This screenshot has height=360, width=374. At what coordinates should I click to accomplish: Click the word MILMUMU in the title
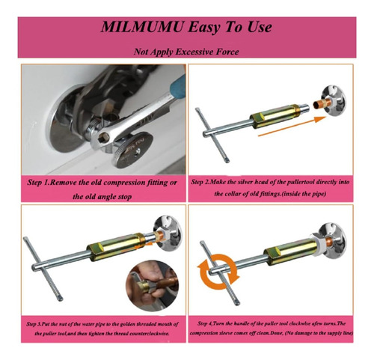[x=142, y=27]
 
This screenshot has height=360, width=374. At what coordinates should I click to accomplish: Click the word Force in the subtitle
[x=227, y=52]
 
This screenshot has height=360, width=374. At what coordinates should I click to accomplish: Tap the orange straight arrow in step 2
[x=292, y=126]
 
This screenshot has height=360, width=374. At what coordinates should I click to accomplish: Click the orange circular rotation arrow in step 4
[x=218, y=272]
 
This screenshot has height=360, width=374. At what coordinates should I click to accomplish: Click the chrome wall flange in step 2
[x=334, y=101]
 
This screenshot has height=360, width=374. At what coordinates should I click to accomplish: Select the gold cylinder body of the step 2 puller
[x=274, y=116]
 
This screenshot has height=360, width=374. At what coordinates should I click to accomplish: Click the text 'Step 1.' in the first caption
[x=38, y=183]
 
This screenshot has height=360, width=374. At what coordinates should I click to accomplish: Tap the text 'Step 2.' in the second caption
[x=201, y=182]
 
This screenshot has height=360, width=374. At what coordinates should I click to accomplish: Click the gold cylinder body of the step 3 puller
[x=115, y=247]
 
